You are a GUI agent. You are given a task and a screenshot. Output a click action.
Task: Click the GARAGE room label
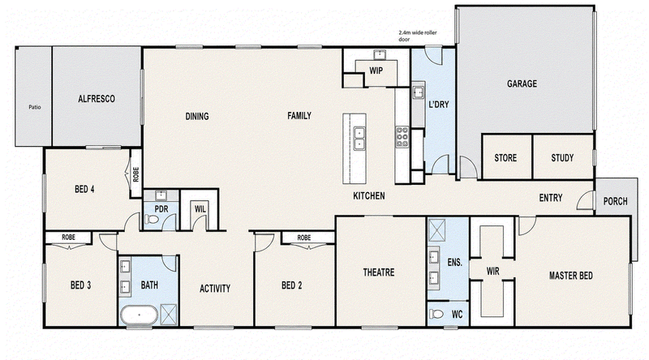pyautogui.click(x=522, y=84)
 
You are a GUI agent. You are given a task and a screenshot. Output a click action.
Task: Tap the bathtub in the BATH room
pyautogui.click(x=139, y=315)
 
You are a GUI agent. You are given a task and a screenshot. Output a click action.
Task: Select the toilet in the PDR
pyautogui.click(x=152, y=219)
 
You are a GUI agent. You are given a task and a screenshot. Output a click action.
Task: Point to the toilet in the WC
pyautogui.click(x=436, y=314)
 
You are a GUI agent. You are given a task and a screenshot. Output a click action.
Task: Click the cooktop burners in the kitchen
pyautogui.click(x=402, y=137)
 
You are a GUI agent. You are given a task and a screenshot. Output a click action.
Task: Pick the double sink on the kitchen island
pyautogui.click(x=359, y=138)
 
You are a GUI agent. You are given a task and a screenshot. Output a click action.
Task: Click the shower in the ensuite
pyautogui.click(x=436, y=230)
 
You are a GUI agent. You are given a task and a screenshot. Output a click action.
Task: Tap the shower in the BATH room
pyautogui.click(x=169, y=315)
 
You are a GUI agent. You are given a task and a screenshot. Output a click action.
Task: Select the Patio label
pyautogui.click(x=35, y=107)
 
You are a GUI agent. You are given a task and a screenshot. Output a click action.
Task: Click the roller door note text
pyautogui.click(x=417, y=36)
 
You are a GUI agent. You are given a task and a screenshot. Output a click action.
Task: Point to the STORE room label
pyautogui.click(x=505, y=157)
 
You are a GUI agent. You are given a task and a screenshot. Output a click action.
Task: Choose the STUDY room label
pyautogui.click(x=562, y=157)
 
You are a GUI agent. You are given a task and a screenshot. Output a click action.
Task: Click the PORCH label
pyautogui.click(x=615, y=201)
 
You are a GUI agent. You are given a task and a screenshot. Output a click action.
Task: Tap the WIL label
pyautogui.click(x=200, y=209)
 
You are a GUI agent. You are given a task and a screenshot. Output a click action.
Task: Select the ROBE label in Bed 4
pyautogui.click(x=135, y=174)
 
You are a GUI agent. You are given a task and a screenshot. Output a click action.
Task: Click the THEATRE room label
pyautogui.click(x=379, y=272)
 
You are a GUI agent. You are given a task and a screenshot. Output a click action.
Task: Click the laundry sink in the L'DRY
pyautogui.click(x=418, y=92)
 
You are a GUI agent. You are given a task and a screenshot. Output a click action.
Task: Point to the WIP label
pyautogui.click(x=376, y=71)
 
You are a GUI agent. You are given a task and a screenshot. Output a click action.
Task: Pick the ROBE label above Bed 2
pyautogui.click(x=303, y=238)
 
